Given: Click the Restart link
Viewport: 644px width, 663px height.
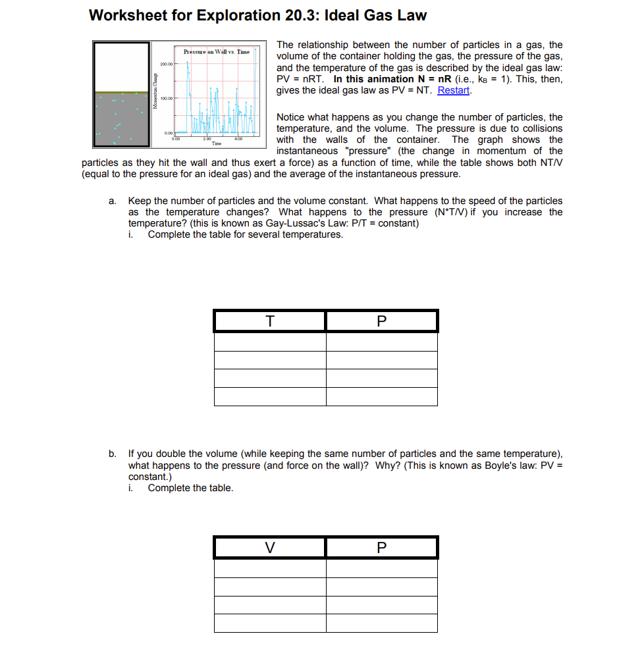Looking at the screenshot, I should coord(454,90).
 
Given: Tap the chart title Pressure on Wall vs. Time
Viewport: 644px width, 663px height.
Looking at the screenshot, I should coord(216,51).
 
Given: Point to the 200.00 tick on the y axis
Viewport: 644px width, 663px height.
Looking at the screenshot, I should coord(165,65).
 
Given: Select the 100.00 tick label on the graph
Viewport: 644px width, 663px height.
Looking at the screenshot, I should coord(165,99).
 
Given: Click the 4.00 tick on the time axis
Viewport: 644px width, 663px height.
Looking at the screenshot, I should coord(238,139).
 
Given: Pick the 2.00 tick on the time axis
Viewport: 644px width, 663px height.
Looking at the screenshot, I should coord(207,139).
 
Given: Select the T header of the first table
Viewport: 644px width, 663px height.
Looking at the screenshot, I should coord(269,321).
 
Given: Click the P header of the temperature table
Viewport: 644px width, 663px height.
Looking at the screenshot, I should coord(381,321).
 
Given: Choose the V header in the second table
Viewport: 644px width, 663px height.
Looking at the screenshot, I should coord(269,548).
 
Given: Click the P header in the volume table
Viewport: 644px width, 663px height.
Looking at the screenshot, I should coord(381,548).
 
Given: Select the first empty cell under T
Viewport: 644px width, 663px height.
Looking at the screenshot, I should coord(269,342).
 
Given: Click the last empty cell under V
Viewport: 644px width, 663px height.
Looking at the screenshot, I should coord(269,623).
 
